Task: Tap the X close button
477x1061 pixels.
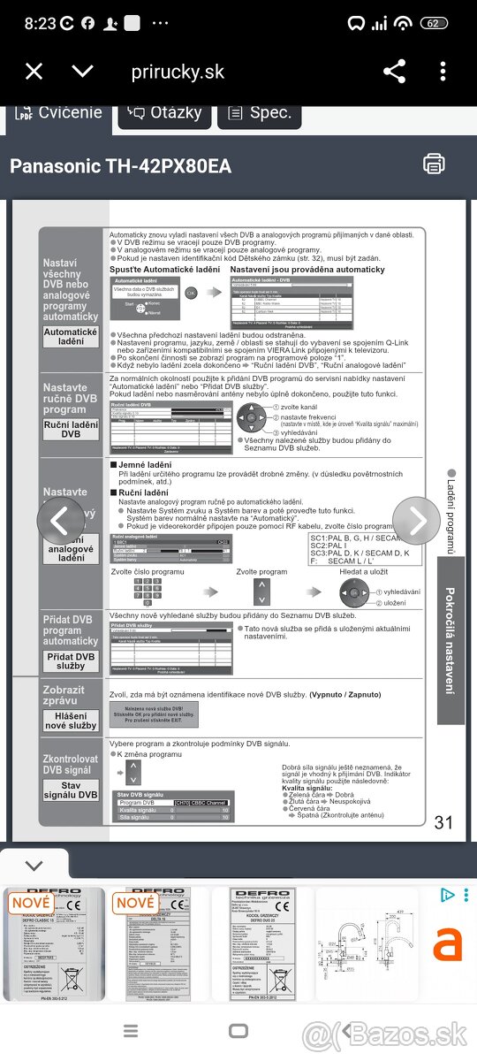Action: (x=34, y=72)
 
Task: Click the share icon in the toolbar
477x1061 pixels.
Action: (x=394, y=72)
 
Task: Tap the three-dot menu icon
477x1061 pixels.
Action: (x=443, y=72)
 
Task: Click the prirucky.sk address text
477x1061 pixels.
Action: (x=178, y=73)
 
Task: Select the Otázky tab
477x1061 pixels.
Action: (x=165, y=113)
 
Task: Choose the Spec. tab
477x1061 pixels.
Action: (x=259, y=113)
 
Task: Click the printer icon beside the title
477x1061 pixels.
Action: (x=434, y=164)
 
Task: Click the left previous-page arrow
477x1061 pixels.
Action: (x=60, y=521)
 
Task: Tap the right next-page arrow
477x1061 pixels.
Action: (x=416, y=521)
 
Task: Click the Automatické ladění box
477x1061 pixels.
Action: (x=72, y=336)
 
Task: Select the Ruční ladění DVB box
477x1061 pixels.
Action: (x=72, y=430)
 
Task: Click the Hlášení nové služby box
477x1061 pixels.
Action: (x=72, y=720)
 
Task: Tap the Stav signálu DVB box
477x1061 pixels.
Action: (x=72, y=790)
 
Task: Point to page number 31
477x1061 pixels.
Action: (x=443, y=822)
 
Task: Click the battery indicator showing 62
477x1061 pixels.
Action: (x=434, y=23)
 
